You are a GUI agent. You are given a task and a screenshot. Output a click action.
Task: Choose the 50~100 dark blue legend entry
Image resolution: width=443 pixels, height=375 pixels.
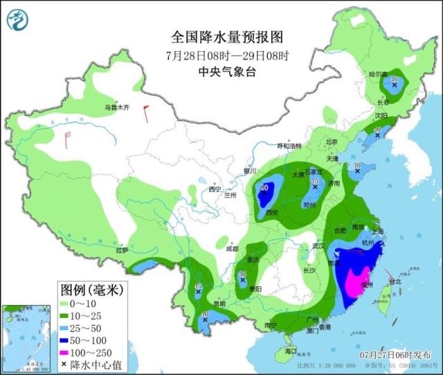87,339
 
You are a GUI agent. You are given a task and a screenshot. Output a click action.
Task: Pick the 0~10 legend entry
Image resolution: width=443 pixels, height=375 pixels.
83,302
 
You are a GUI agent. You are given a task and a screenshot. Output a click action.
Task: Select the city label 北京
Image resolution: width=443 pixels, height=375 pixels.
334,142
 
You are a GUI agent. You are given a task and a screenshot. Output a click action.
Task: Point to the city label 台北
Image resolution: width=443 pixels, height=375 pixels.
395,282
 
